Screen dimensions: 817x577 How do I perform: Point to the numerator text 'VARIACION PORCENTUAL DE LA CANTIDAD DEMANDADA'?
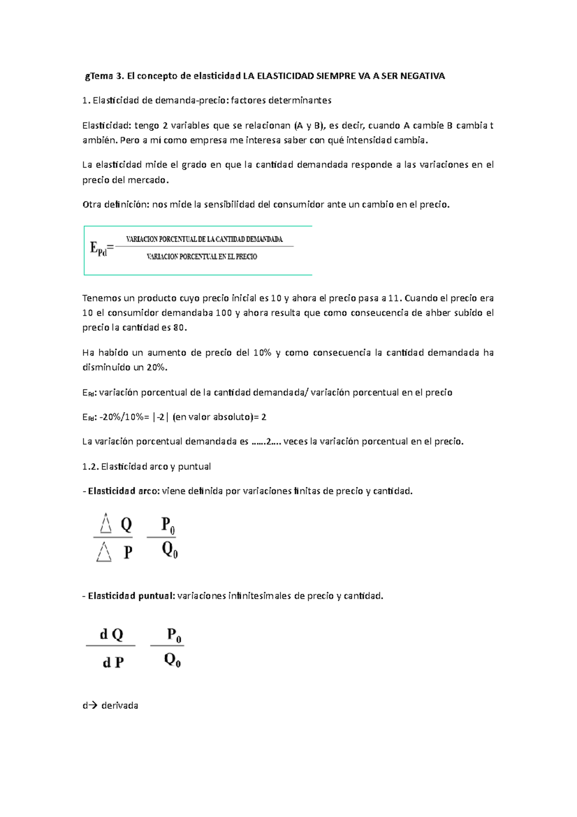(x=204, y=239)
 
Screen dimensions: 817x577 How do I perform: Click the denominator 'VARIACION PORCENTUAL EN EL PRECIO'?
(x=202, y=257)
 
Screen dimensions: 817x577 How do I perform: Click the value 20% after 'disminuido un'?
(x=156, y=367)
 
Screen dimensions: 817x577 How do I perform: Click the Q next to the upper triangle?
(x=126, y=524)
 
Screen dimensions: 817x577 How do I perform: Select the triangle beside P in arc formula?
(x=104, y=552)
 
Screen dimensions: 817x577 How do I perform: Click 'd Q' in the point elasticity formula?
(x=112, y=635)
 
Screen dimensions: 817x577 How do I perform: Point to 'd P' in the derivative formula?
(x=113, y=663)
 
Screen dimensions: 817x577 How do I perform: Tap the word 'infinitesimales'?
(x=260, y=596)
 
